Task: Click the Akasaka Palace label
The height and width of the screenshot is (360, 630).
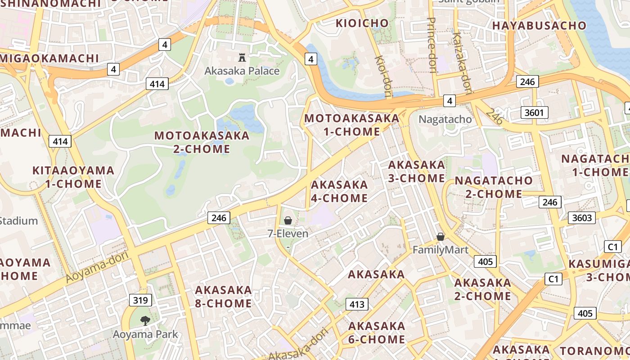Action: [242, 71]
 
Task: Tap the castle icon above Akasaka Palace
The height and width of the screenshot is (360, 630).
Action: [242, 57]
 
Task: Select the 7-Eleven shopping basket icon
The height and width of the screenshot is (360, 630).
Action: [288, 220]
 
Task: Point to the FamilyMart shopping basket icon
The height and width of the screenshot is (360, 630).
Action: [441, 237]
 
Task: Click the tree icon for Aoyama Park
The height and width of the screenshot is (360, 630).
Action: [145, 321]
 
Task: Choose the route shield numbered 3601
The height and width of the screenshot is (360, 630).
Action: [534, 112]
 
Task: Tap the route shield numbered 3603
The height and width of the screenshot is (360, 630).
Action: [581, 218]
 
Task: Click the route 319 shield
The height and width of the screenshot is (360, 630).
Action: [140, 300]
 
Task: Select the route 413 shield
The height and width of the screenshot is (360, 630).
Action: [357, 304]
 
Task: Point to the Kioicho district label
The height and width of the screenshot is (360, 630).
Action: [362, 23]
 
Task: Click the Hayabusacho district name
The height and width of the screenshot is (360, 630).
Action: [539, 26]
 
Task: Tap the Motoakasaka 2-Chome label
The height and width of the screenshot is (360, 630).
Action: [202, 142]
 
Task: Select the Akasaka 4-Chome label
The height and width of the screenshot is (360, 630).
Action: [339, 191]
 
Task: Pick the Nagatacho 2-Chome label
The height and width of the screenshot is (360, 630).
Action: [494, 187]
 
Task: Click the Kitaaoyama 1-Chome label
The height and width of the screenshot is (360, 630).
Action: [73, 177]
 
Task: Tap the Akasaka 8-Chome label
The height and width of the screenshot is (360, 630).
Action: [223, 297]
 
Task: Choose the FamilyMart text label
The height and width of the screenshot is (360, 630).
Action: [441, 250]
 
